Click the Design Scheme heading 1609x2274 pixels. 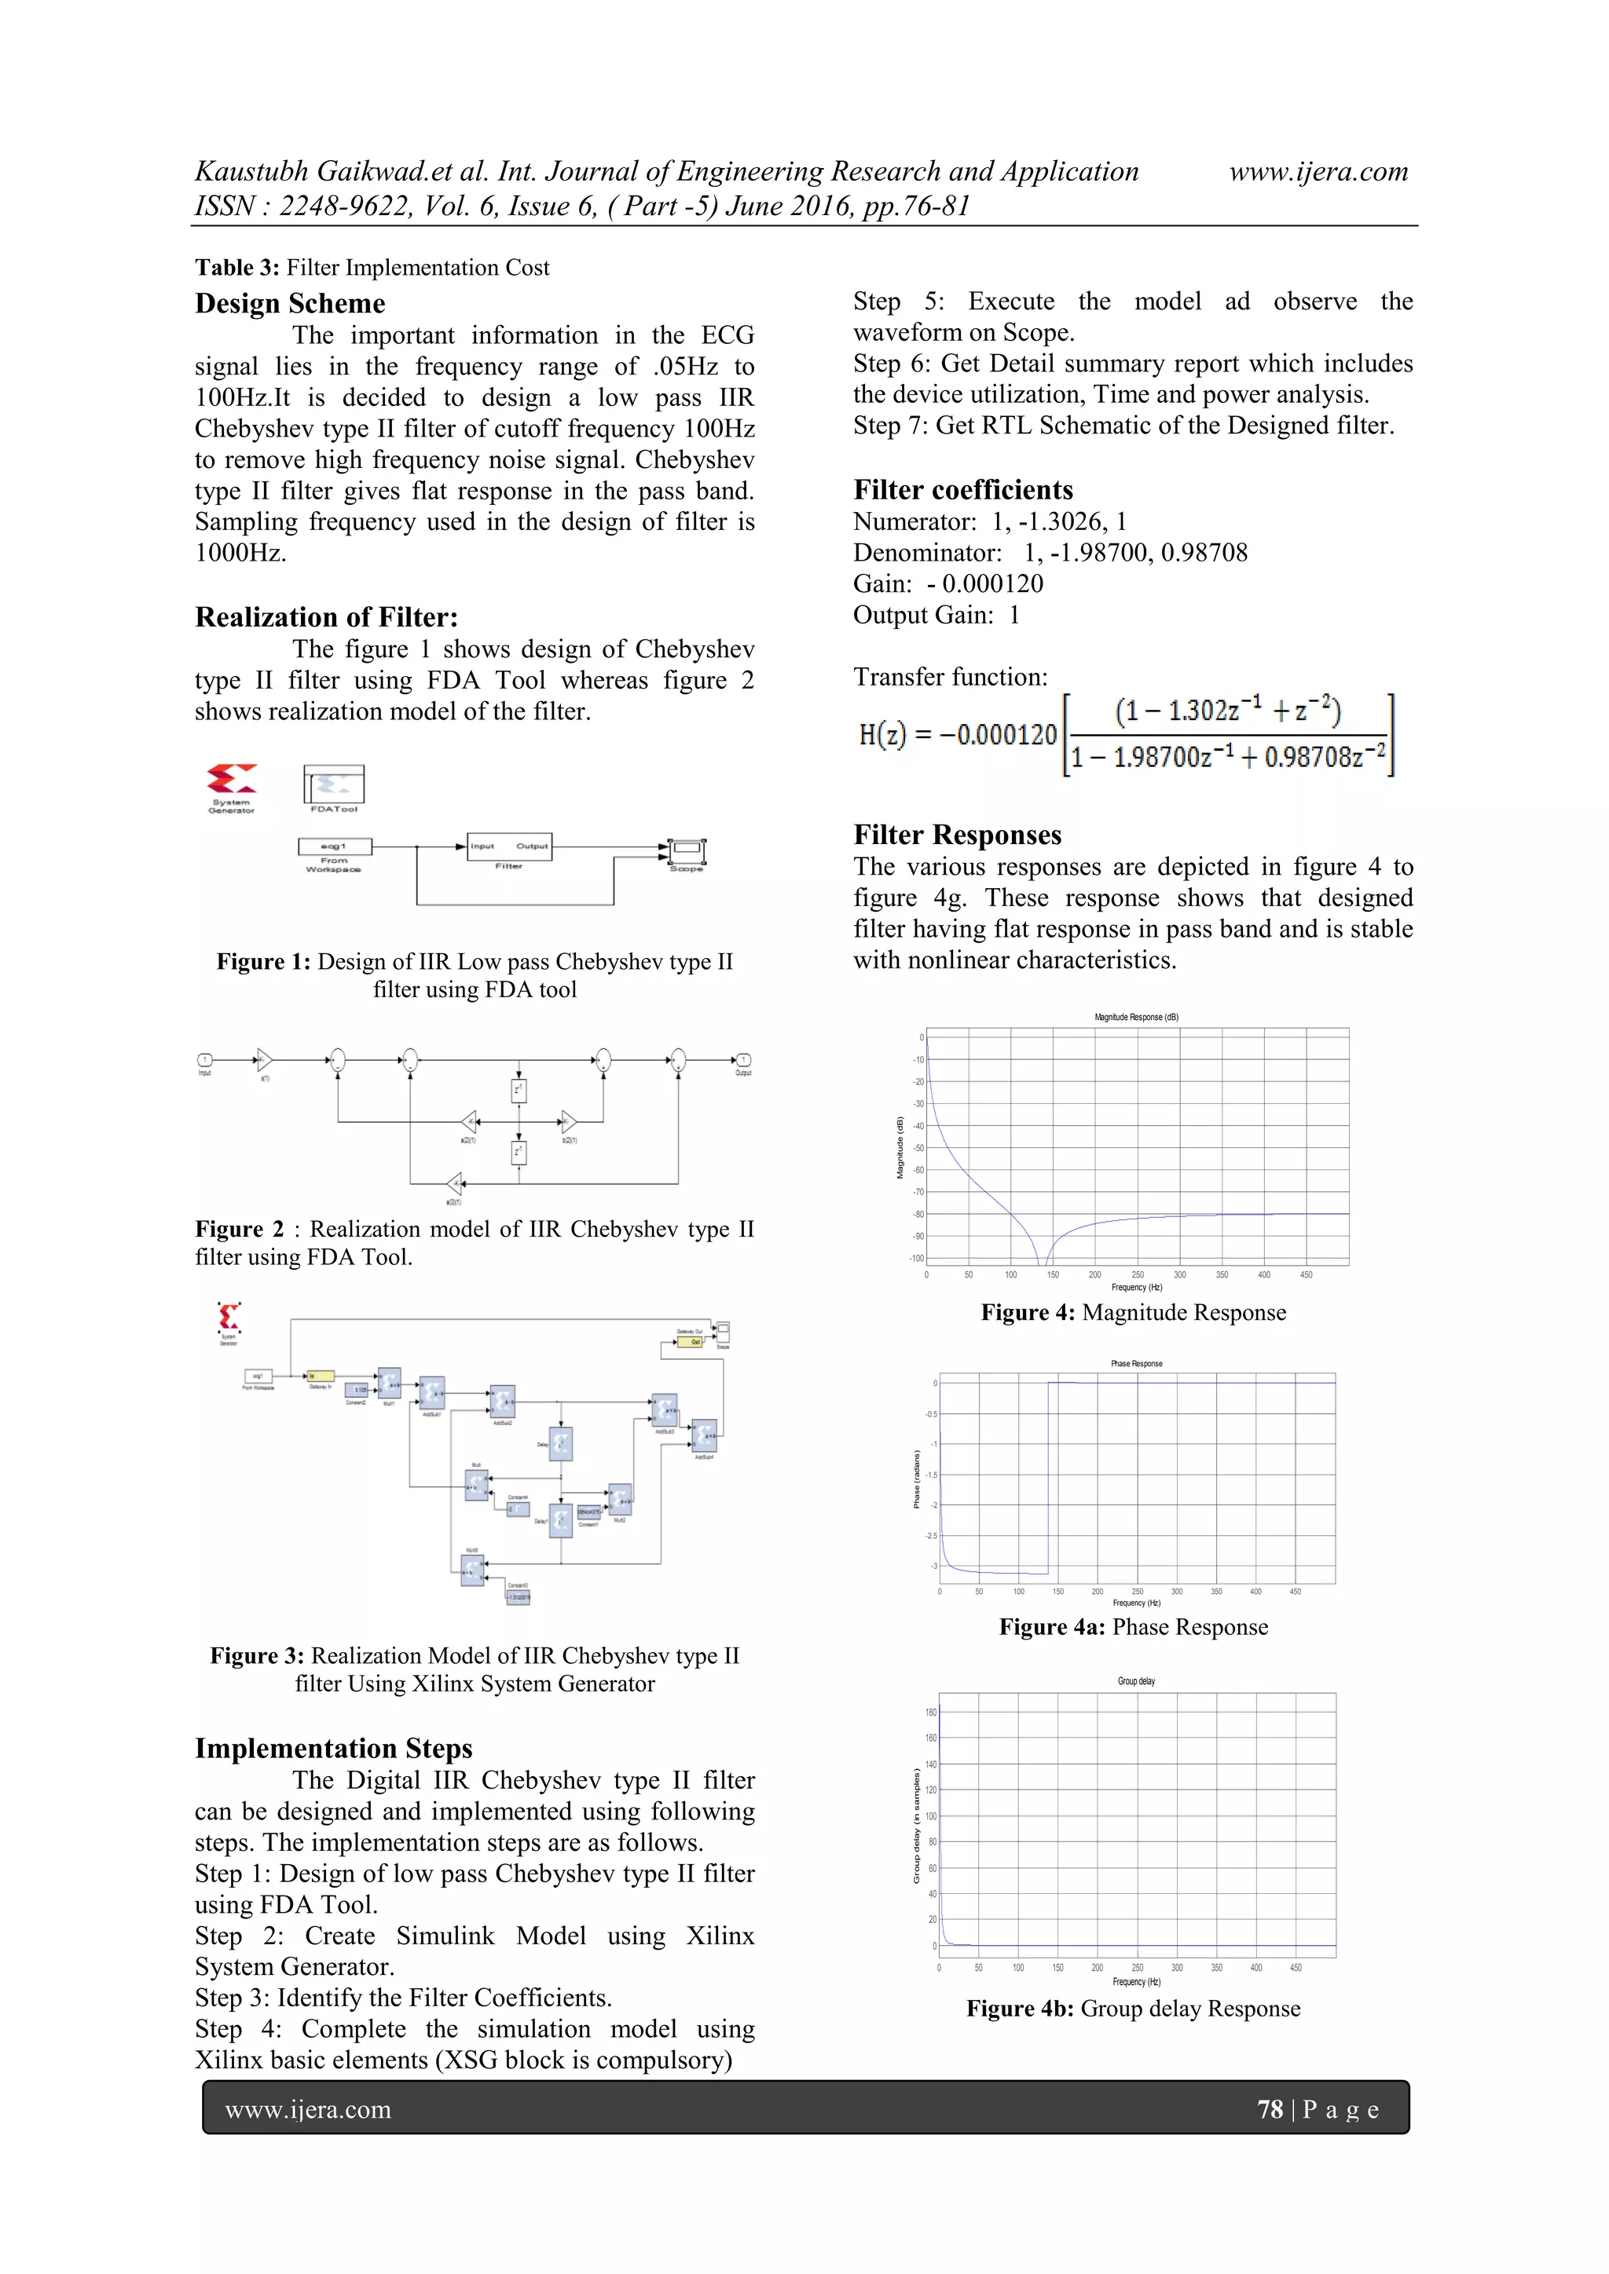[x=289, y=303]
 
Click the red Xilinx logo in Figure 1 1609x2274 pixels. [x=231, y=778]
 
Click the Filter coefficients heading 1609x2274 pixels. [x=962, y=489]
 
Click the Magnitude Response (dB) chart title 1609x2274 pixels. [x=1135, y=1017]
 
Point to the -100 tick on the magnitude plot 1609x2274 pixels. [x=917, y=1258]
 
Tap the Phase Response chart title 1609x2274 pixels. [x=1135, y=1364]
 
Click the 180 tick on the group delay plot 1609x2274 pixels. [x=930, y=1713]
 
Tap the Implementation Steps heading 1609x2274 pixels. [x=333, y=1748]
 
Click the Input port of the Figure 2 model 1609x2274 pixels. [x=205, y=1061]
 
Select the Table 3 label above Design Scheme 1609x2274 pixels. [x=236, y=268]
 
